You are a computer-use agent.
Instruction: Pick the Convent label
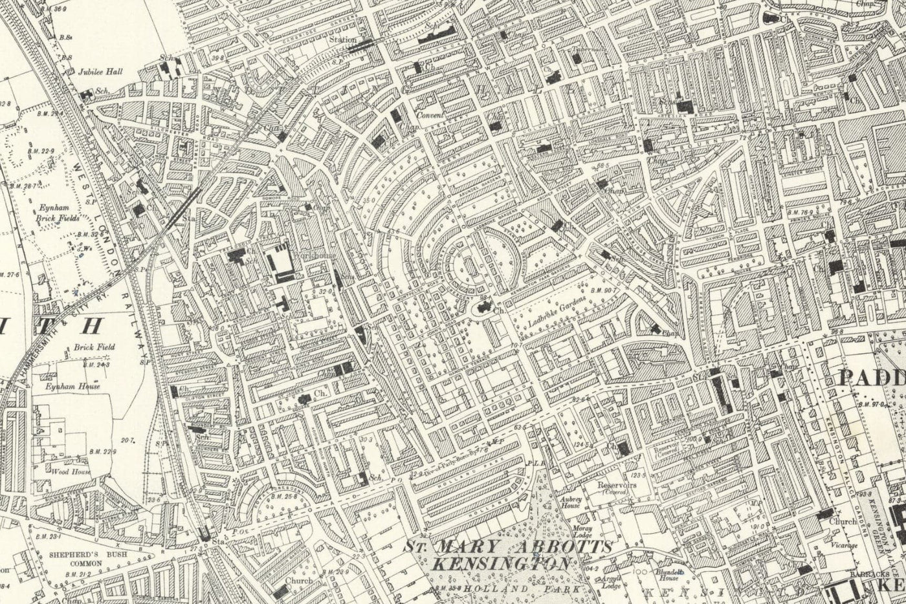click(429, 116)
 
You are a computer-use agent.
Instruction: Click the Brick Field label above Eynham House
click(94, 347)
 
